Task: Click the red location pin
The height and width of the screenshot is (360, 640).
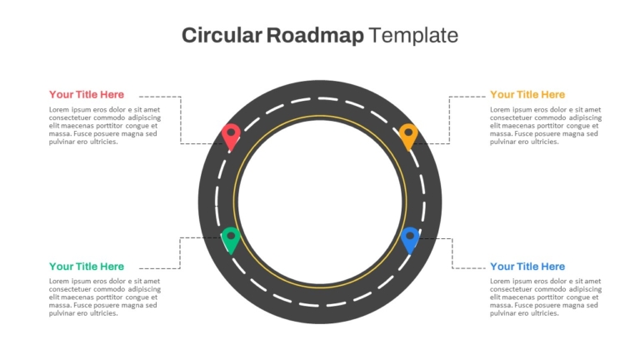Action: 231,137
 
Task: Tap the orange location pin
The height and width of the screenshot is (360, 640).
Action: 408,137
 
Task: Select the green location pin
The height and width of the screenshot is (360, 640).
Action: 231,240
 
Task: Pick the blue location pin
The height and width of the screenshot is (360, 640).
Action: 410,240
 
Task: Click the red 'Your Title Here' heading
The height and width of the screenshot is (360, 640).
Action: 87,95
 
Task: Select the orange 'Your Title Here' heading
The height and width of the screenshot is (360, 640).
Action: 527,95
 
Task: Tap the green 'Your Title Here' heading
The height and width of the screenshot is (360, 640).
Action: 87,267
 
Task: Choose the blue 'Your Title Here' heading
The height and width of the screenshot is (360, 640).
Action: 527,267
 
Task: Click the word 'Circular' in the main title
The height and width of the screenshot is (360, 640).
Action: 222,35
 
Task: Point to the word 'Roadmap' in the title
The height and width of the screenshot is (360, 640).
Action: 315,36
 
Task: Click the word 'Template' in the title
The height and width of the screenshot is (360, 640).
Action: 413,36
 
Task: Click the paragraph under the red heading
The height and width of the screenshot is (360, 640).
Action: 105,126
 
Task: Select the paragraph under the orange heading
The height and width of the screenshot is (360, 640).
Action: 546,126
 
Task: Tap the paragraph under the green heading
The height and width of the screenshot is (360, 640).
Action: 105,297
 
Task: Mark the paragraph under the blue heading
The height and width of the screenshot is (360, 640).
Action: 546,297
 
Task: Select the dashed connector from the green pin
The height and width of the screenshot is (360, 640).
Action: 180,253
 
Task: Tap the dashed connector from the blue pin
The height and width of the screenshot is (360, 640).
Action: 452,253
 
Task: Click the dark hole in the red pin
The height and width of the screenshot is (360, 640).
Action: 231,132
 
